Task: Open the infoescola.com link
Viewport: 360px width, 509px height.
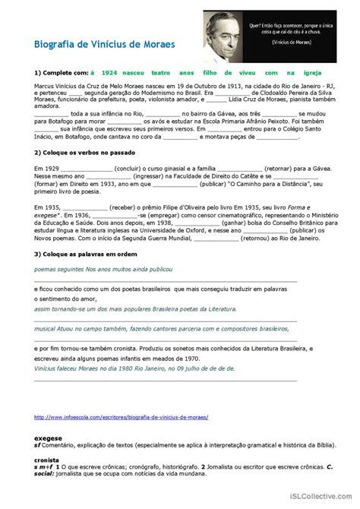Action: pyautogui.click(x=122, y=417)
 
